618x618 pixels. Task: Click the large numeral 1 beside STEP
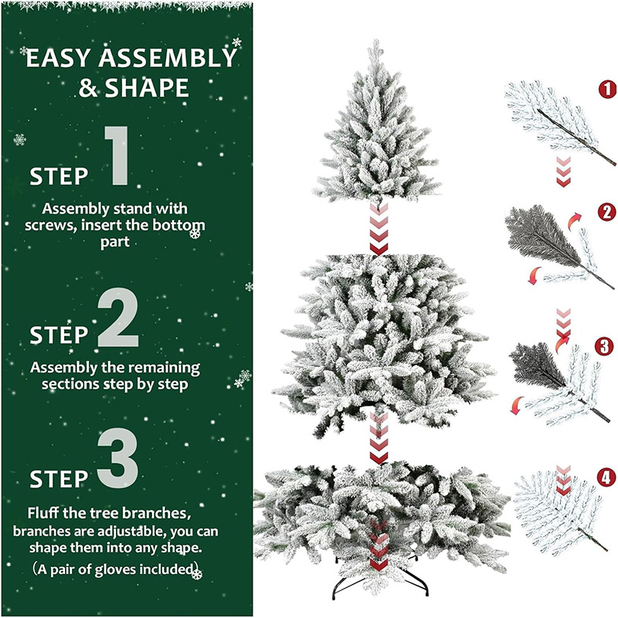pos(117,155)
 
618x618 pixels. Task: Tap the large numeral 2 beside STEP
pos(118,317)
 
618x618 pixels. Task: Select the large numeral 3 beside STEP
pos(118,458)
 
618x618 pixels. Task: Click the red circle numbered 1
pos(607,89)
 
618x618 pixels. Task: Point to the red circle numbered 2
pos(606,212)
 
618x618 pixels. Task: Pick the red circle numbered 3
pos(604,347)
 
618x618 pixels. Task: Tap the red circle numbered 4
pos(606,477)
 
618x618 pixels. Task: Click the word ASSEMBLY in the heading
pos(168,58)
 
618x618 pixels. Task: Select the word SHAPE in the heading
pos(147,87)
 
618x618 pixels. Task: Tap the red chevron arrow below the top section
pos(379,229)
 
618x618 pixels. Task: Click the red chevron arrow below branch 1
pos(564,172)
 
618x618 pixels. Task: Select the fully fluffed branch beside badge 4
pos(559,512)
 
